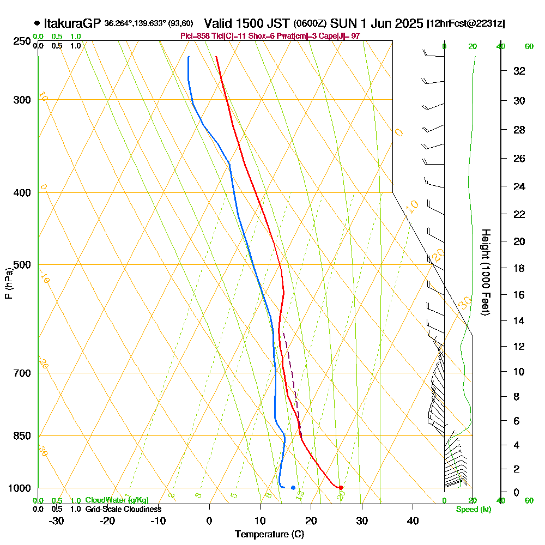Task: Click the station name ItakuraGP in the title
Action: point(72,23)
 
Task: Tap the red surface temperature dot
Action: point(341,488)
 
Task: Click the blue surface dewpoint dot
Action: point(293,488)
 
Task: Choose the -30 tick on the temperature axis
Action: point(57,520)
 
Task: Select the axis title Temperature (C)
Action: point(269,534)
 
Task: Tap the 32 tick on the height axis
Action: point(519,71)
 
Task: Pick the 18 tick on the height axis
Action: point(519,268)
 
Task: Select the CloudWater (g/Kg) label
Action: point(117,500)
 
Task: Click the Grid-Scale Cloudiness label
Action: point(123,509)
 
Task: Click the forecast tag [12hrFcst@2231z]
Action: point(466,23)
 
